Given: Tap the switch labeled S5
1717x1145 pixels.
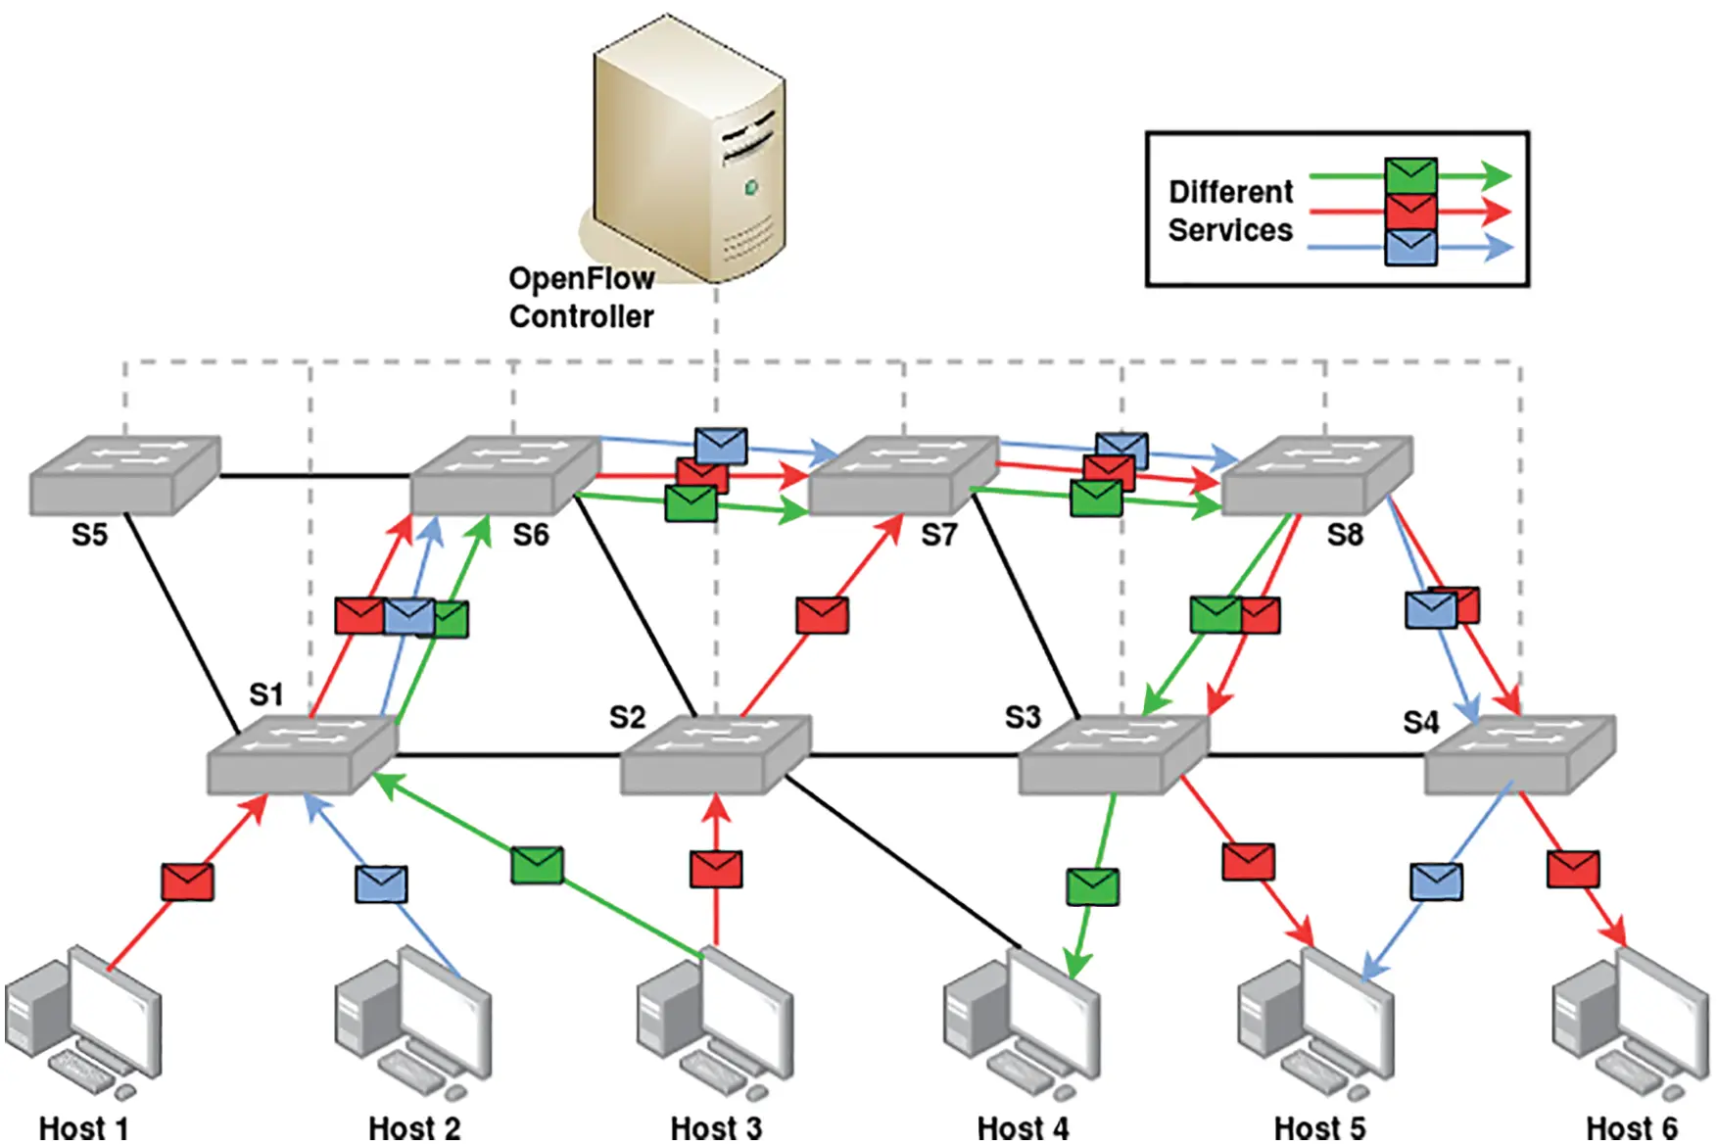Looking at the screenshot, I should click(x=124, y=474).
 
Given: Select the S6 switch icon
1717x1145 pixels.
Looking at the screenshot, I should click(x=504, y=474).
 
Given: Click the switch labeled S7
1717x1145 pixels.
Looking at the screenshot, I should click(x=903, y=474).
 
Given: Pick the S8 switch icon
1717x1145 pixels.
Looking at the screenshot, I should click(x=1317, y=474).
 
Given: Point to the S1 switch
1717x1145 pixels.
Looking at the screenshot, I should click(x=302, y=754).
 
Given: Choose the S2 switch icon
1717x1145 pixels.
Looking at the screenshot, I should click(x=715, y=754).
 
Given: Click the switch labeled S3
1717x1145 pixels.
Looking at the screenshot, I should click(x=1114, y=754).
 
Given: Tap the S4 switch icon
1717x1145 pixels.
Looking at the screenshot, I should click(x=1518, y=754).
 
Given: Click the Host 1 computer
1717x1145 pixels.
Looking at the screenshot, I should click(x=83, y=1024).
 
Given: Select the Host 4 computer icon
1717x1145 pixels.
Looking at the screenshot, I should click(x=1022, y=1024).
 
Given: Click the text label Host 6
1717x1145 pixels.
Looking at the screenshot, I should click(x=1631, y=1128).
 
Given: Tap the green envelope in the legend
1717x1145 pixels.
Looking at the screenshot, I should click(x=1410, y=176).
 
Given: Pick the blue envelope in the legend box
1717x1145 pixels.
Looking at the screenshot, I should click(x=1410, y=247).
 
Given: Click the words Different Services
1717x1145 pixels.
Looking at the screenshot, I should click(x=1230, y=211).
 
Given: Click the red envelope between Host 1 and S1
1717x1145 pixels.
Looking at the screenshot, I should click(x=187, y=882).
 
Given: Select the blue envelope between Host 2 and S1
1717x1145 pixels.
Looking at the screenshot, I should click(x=381, y=883).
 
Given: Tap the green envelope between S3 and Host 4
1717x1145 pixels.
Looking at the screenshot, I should click(x=1092, y=886).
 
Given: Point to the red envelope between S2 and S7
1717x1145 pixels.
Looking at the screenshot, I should click(x=822, y=615).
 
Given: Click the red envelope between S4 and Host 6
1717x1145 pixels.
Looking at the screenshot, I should click(x=1573, y=869).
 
